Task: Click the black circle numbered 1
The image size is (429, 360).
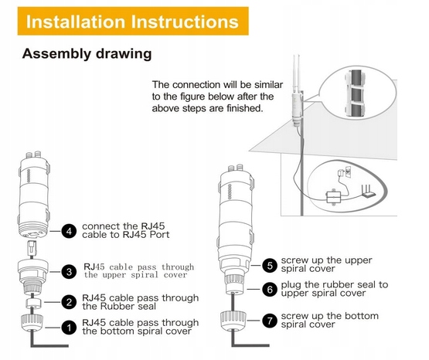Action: click(x=69, y=327)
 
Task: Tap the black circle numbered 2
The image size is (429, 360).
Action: click(x=69, y=302)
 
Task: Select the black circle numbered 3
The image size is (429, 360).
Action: click(x=69, y=272)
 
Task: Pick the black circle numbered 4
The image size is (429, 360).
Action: click(x=69, y=231)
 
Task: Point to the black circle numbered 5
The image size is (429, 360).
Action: click(x=270, y=265)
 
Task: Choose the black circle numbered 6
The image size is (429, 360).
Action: click(x=270, y=290)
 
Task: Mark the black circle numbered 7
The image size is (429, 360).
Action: click(x=270, y=321)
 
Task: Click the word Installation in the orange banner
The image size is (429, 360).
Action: click(x=76, y=22)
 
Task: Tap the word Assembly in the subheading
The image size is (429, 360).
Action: click(x=56, y=54)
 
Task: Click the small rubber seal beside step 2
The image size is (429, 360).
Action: click(x=34, y=303)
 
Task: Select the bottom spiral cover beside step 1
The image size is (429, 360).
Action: click(x=32, y=323)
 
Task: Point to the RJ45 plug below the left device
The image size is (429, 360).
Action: click(x=32, y=248)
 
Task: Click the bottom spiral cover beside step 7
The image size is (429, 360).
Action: click(x=233, y=321)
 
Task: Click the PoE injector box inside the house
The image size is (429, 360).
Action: click(x=333, y=196)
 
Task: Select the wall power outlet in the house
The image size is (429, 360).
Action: click(x=348, y=172)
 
